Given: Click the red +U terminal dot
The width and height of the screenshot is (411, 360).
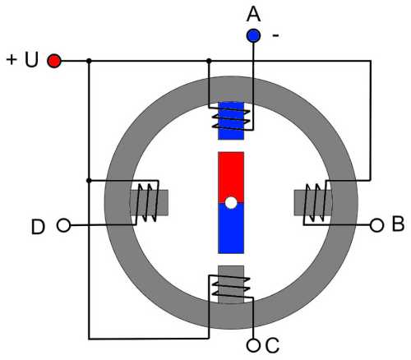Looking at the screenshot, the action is [x=54, y=61].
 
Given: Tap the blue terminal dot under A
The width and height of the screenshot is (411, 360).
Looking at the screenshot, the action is [x=253, y=35].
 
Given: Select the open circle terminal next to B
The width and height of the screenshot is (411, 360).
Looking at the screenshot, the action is [x=376, y=225].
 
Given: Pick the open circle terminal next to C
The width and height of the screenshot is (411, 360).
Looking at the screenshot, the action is [x=253, y=345].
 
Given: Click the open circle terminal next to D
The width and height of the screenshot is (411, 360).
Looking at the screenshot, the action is [x=63, y=225].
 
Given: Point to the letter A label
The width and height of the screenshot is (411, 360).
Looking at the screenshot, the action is [x=253, y=14].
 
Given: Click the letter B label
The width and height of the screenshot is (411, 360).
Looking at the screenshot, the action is [x=398, y=224].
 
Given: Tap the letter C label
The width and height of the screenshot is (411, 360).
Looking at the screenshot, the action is [x=272, y=345].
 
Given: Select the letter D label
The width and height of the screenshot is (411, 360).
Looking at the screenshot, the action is [x=38, y=227].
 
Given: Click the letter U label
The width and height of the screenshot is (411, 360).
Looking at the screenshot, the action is [x=31, y=60].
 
